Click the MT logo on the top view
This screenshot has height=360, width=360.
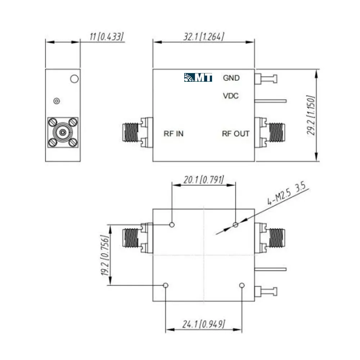pos(198,78)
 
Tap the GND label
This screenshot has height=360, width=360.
pos(231,78)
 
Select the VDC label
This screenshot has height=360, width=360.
pos(231,96)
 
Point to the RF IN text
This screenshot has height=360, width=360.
pos(174,134)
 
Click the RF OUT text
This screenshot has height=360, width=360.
pos(235,134)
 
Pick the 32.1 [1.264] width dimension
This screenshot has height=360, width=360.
pos(204,37)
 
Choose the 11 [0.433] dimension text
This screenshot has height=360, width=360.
pos(107,37)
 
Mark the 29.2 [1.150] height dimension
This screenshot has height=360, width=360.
pos(311,115)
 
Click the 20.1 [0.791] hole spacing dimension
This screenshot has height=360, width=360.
pos(204,180)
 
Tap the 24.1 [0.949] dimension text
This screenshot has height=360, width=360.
pos(204,324)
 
